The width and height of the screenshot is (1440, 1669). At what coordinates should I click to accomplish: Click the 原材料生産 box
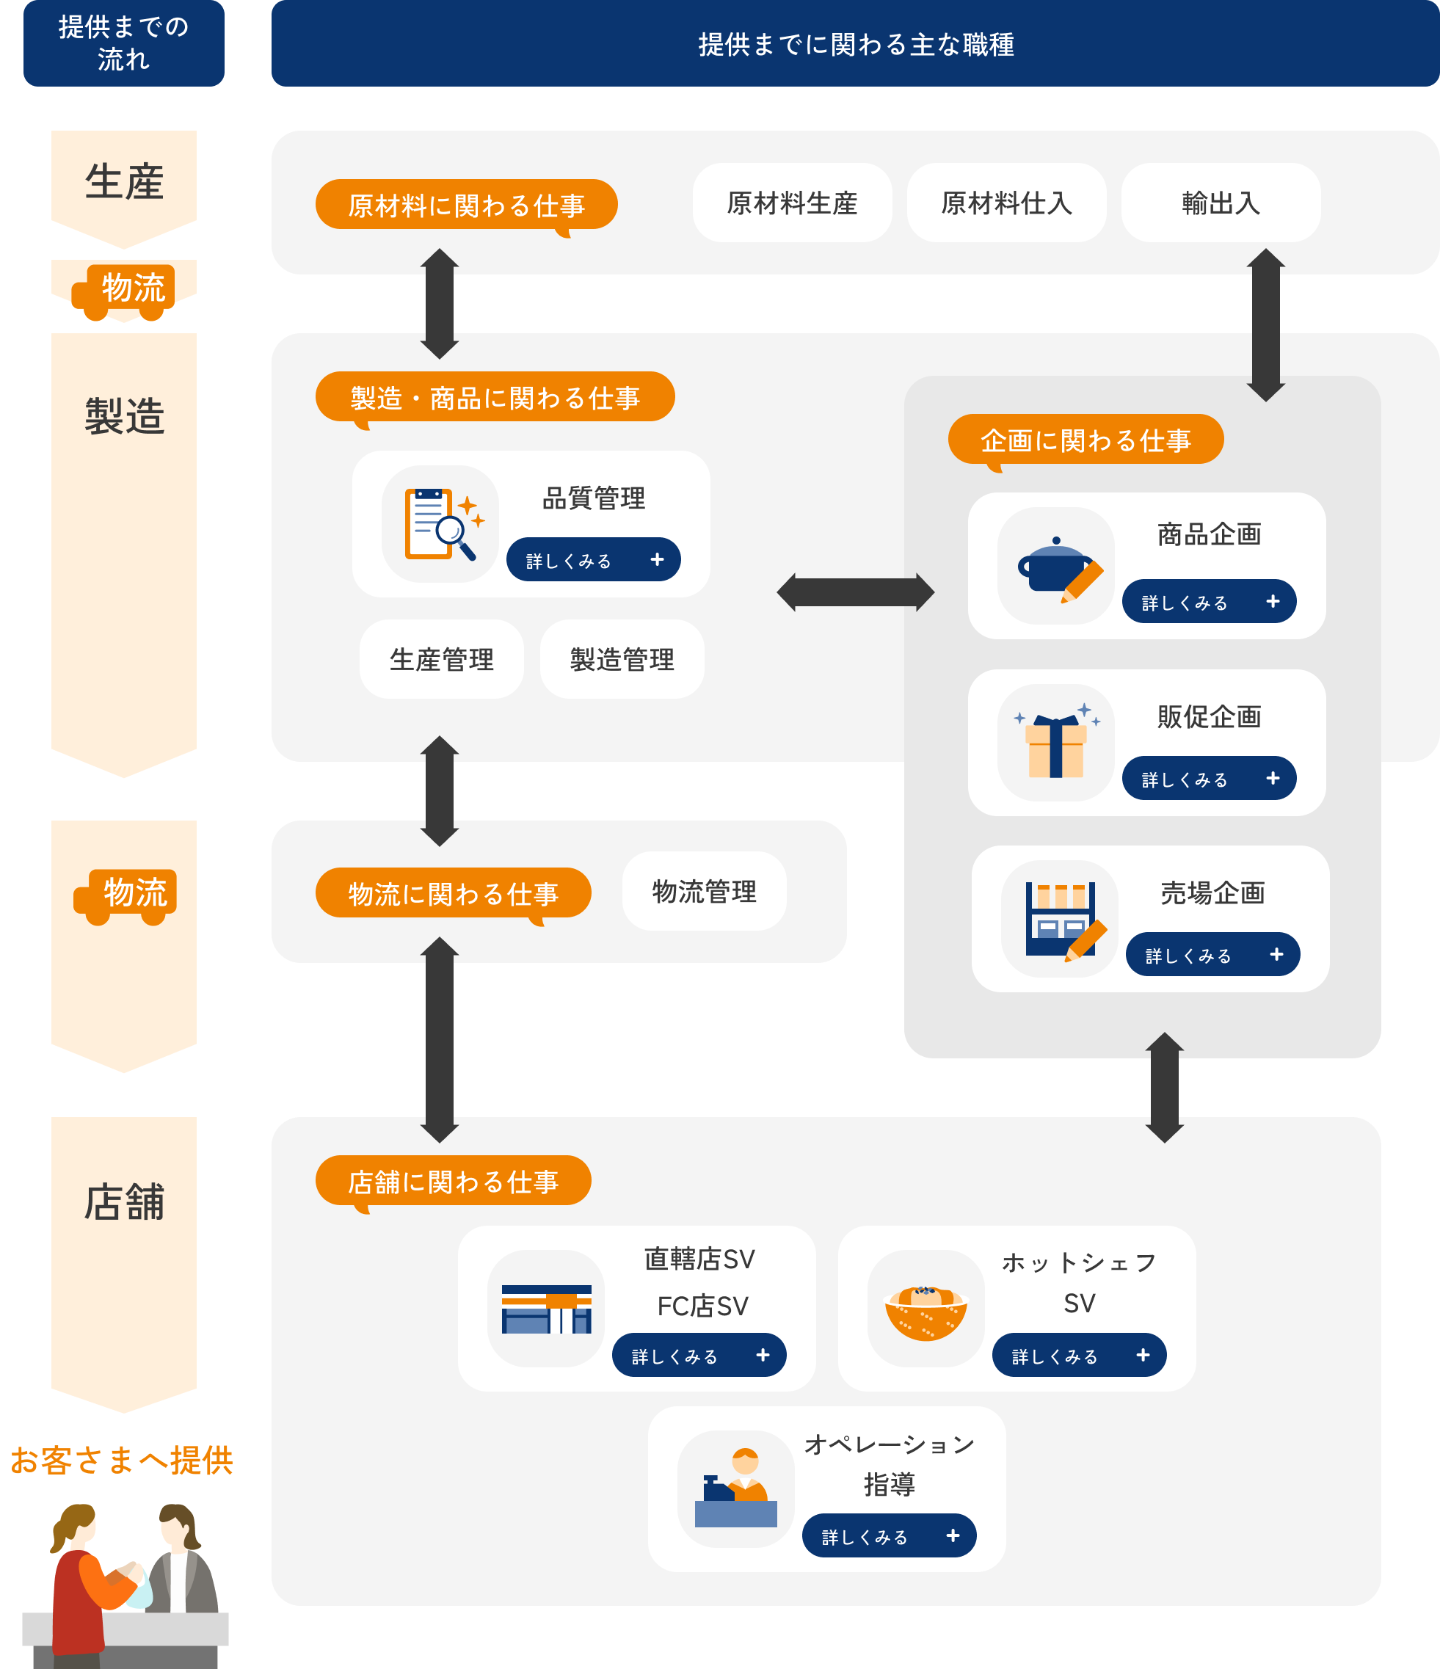click(x=792, y=203)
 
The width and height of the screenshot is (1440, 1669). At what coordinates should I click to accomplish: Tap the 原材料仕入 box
click(x=1006, y=203)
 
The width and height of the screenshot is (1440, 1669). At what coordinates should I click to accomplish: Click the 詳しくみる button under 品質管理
click(x=593, y=560)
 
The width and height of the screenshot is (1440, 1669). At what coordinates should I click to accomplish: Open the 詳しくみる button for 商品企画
click(x=1208, y=602)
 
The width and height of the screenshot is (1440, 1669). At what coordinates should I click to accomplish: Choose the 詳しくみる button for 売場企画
click(x=1212, y=955)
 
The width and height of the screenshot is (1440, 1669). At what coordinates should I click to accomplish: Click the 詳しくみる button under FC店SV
click(x=698, y=1356)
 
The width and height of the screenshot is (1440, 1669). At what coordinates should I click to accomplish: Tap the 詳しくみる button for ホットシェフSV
click(x=1078, y=1356)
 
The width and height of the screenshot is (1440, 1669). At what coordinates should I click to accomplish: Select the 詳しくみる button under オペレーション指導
click(x=888, y=1536)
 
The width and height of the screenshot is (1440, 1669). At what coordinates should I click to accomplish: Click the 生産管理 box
click(x=441, y=660)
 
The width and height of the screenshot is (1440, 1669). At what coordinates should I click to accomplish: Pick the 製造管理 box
click(x=622, y=660)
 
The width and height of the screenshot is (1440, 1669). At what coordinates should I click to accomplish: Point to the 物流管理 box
click(x=704, y=892)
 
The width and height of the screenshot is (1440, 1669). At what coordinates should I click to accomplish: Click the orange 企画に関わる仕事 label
click(x=1085, y=440)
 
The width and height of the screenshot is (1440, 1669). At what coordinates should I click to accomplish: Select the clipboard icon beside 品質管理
click(x=440, y=524)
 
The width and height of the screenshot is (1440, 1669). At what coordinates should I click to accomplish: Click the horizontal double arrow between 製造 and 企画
click(x=855, y=593)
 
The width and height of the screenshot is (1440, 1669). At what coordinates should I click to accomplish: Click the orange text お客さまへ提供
click(x=122, y=1461)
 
